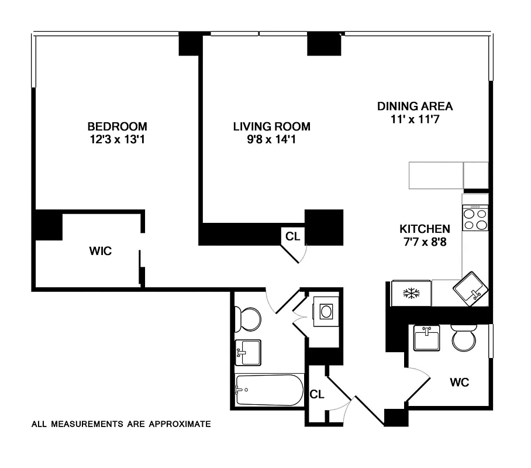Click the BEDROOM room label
[117, 126]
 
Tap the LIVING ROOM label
[271, 126]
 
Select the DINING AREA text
[415, 106]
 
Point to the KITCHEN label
[425, 229]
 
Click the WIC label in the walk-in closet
[100, 252]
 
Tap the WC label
[459, 383]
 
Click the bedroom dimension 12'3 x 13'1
[117, 140]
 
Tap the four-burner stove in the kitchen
[475, 219]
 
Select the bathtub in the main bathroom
[269, 390]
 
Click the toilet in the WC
[464, 338]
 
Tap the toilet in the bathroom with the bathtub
[248, 319]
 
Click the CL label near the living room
[292, 236]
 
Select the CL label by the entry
[316, 394]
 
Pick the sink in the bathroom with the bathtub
[248, 352]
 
